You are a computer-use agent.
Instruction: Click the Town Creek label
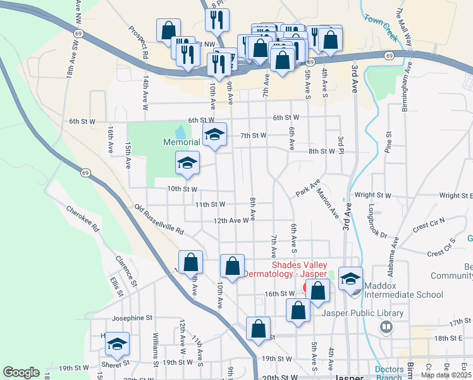click(x=381, y=28)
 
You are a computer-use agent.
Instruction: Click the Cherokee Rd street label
click(x=82, y=217)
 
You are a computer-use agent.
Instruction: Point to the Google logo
click(x=21, y=372)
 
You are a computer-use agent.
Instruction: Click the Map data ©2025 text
click(x=446, y=375)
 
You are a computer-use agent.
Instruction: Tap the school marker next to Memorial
click(x=214, y=134)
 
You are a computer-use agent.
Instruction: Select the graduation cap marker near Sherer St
click(x=117, y=344)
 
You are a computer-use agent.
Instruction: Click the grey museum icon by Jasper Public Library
click(x=386, y=327)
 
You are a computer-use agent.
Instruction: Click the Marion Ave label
click(x=328, y=203)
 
